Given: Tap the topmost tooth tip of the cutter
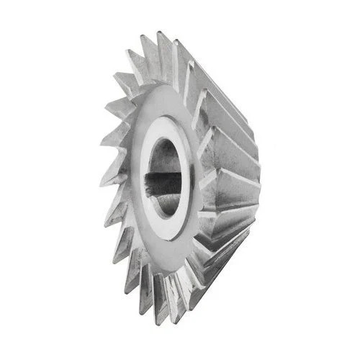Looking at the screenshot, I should coord(159,32).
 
